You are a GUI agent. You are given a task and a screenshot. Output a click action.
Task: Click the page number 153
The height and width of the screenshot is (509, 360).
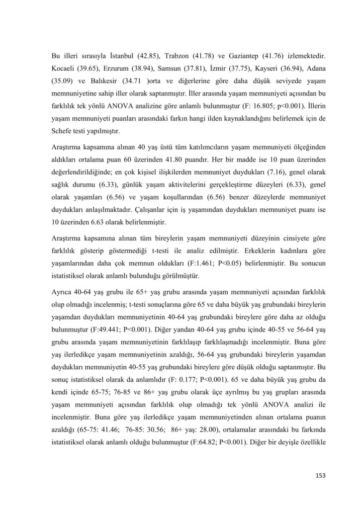pyautogui.click(x=320, y=476)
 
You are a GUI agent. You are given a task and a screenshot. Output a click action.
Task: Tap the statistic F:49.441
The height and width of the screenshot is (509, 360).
pyautogui.click(x=101, y=315)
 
